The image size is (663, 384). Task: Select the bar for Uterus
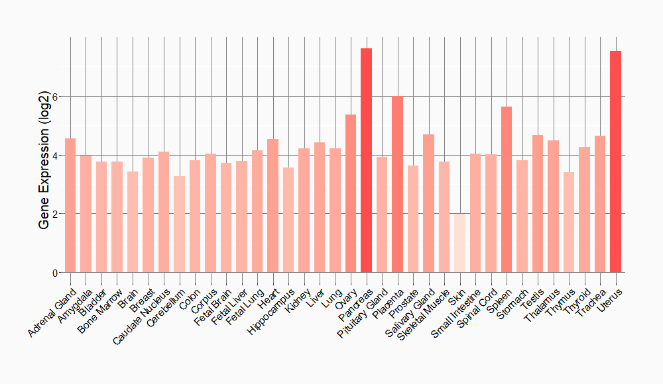[x=615, y=162]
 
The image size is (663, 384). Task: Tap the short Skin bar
[x=459, y=243]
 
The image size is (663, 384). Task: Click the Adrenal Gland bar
[x=70, y=205]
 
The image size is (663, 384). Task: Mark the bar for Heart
[x=272, y=205]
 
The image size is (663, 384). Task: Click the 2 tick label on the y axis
[x=56, y=214]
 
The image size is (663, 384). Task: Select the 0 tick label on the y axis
[x=56, y=273]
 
